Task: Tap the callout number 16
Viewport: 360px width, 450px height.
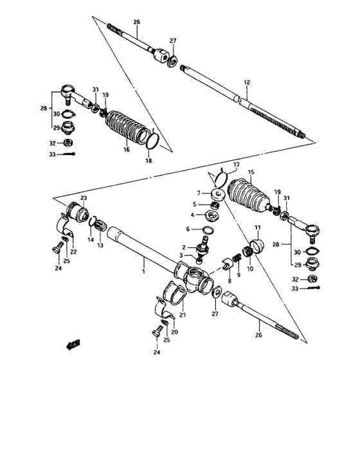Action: click(x=127, y=150)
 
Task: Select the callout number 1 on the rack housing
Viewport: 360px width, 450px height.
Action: click(x=145, y=272)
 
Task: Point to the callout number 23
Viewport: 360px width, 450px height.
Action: click(x=83, y=197)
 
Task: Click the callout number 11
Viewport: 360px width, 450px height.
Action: click(x=258, y=228)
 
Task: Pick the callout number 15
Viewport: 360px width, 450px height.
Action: click(x=251, y=172)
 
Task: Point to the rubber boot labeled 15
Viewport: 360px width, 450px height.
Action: click(x=249, y=194)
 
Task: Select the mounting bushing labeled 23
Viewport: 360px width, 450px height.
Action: click(x=78, y=212)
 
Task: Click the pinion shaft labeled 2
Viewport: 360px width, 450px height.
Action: click(x=201, y=247)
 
